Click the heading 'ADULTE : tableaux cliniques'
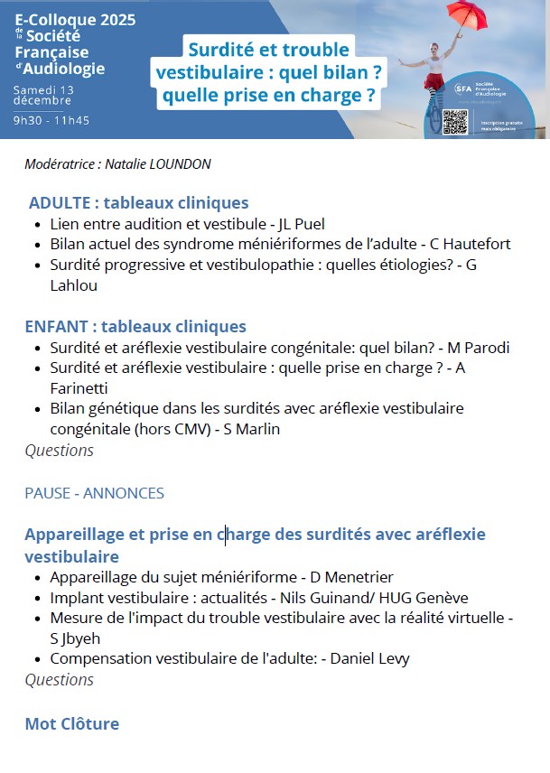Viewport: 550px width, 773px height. click(138, 202)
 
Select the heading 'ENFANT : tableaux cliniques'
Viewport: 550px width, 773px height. click(135, 326)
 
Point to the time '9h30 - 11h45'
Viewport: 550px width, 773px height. click(51, 119)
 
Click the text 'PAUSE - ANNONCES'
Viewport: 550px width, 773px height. click(95, 493)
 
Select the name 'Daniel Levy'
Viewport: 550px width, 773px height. click(369, 658)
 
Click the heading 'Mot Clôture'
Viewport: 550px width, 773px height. click(72, 723)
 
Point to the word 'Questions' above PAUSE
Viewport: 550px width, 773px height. click(59, 450)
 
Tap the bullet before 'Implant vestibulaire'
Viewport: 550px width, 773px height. click(35, 599)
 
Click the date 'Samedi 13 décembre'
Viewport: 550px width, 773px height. click(44, 96)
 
